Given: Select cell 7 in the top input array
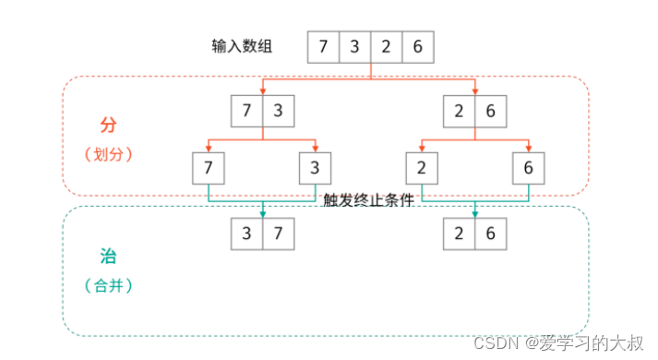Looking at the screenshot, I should [x=322, y=47].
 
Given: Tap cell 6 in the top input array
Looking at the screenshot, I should [x=417, y=47].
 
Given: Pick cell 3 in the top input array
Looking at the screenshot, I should [x=354, y=47].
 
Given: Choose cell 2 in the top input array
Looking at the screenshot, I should [x=386, y=47].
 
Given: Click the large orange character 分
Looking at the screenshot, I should [x=108, y=124].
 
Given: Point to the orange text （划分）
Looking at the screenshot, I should [x=109, y=153].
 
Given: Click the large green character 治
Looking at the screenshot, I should [x=108, y=257].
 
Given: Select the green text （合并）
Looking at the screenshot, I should [x=109, y=286].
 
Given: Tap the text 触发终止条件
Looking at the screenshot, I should [x=367, y=200].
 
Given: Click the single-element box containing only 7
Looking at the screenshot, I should [x=209, y=169].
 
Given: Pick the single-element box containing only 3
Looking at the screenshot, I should [x=316, y=169].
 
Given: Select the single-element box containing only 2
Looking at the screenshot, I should [x=423, y=169].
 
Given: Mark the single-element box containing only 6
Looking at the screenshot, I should [x=530, y=169].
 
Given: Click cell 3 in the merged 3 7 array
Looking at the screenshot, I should [x=247, y=234].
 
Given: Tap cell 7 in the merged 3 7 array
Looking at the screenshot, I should [x=279, y=234].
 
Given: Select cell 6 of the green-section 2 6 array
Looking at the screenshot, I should [x=491, y=234].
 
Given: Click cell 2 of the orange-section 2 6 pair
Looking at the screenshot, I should [x=460, y=112].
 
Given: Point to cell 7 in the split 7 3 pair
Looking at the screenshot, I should [x=247, y=112].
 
